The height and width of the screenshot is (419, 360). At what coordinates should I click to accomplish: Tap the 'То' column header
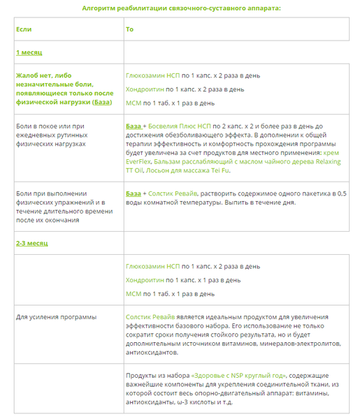coord(130,29)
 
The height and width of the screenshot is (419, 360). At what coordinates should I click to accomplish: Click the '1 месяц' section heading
coord(30,52)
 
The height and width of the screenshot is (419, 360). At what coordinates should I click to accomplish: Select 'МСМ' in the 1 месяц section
coord(134,103)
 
